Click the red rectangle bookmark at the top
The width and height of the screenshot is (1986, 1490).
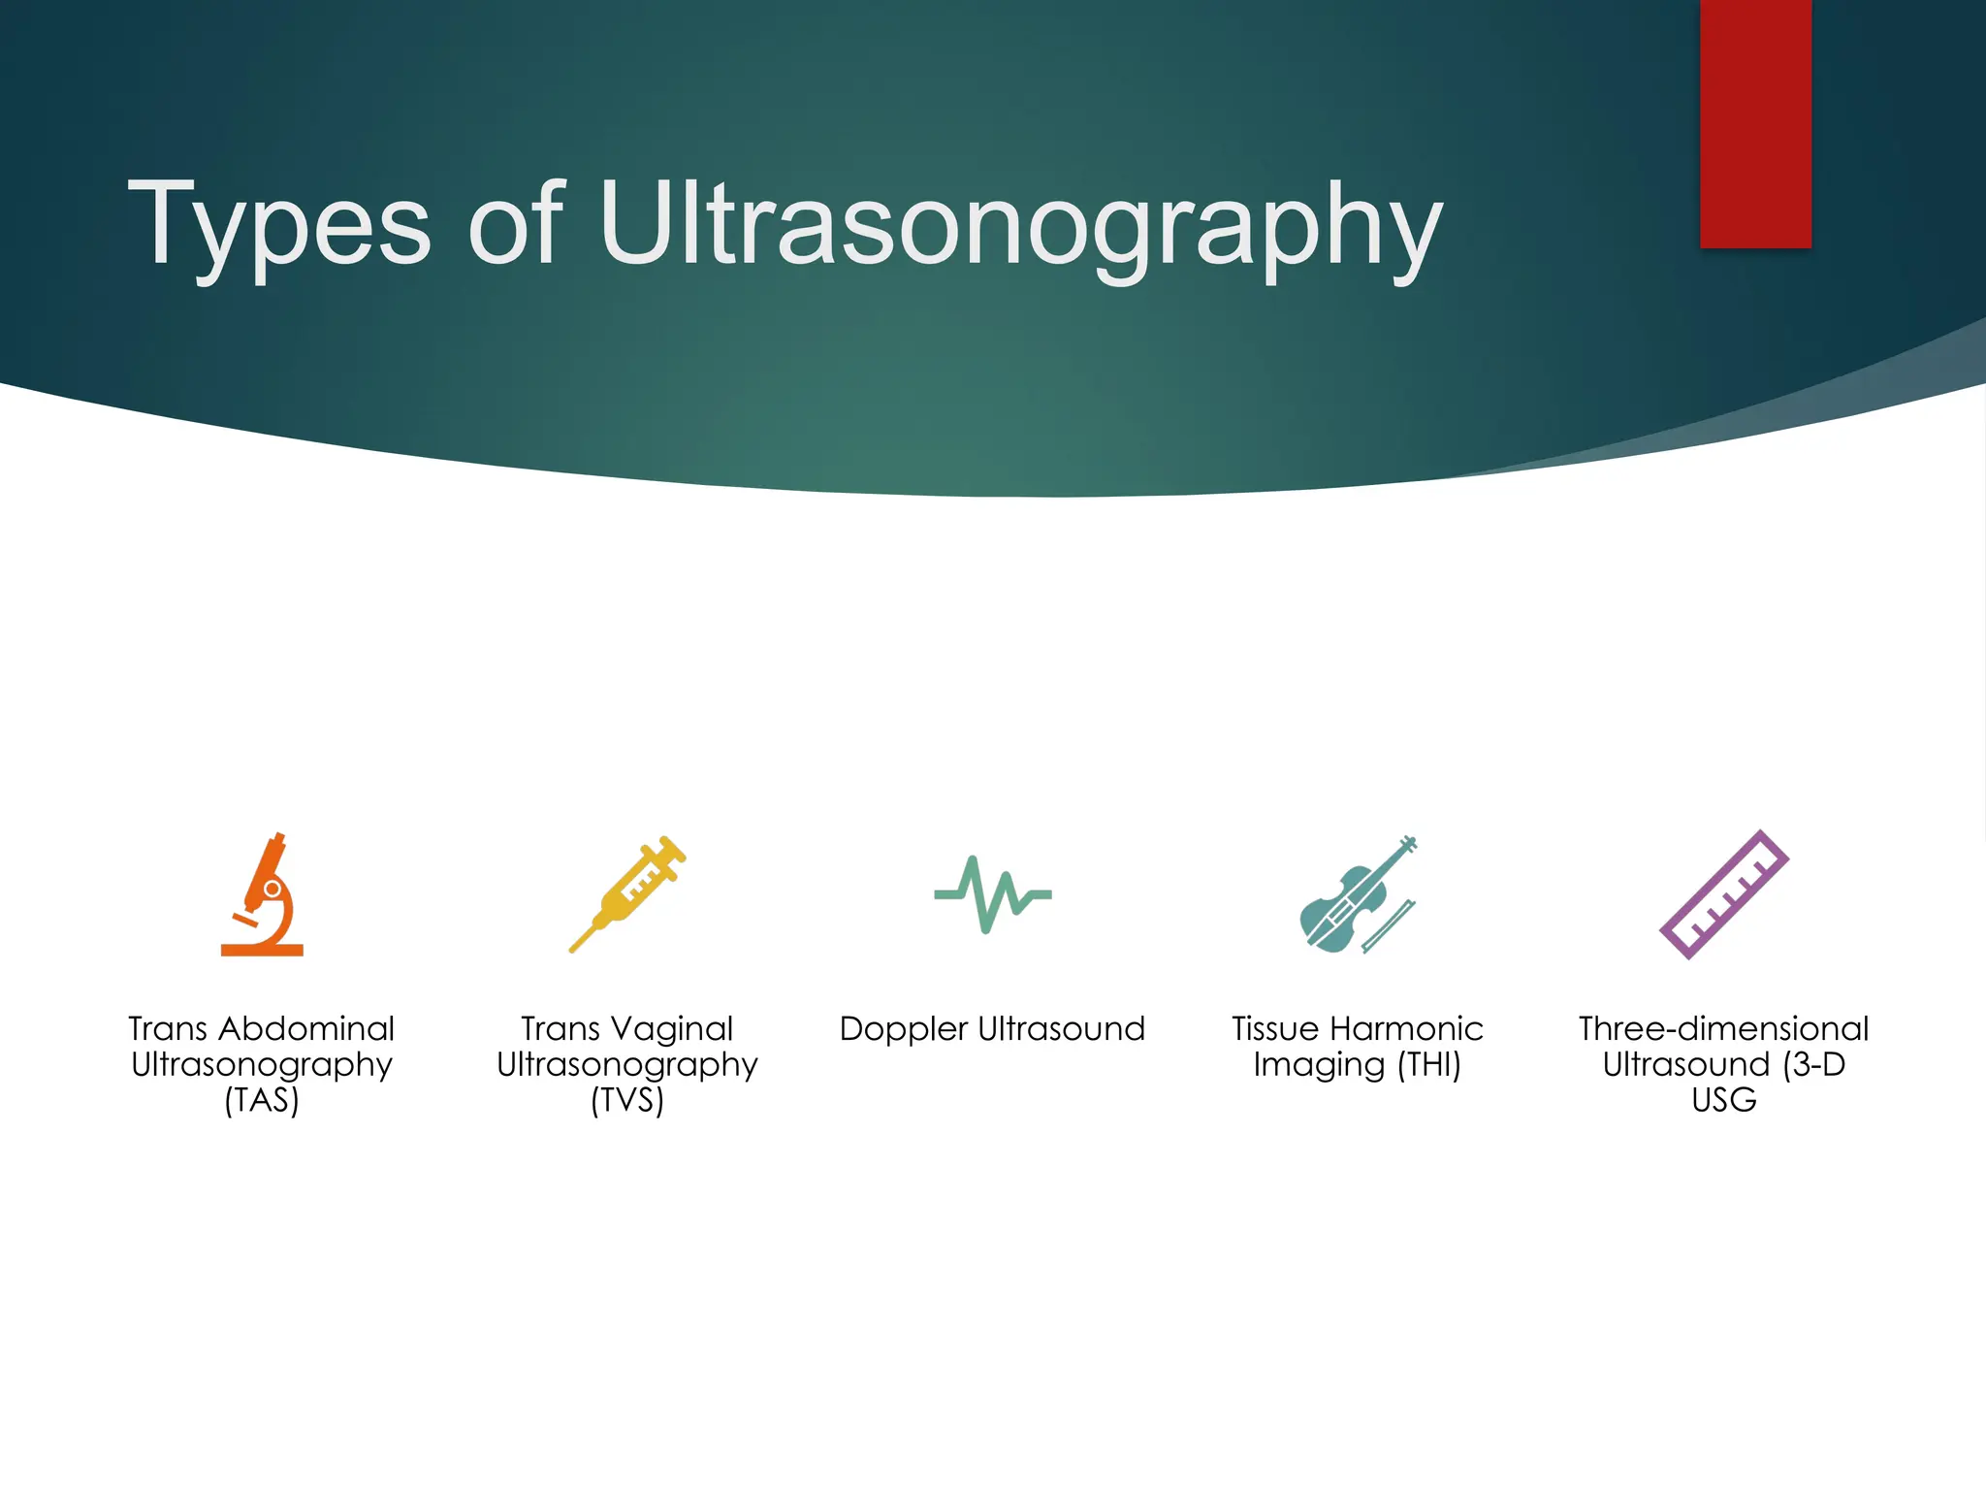[1755, 123]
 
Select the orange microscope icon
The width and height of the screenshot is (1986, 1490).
[262, 894]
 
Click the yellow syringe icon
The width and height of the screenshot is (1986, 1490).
[627, 893]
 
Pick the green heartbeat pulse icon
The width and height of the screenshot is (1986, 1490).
[993, 894]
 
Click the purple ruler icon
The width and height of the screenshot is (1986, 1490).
[1724, 894]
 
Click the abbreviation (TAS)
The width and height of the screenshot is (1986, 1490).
[262, 1101]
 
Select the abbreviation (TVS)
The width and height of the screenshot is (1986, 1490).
[627, 1101]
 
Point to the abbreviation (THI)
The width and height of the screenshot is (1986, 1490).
[1428, 1065]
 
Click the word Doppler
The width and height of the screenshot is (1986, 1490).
[904, 1029]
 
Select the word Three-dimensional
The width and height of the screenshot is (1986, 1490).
[1723, 1029]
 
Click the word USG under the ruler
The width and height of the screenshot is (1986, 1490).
[1723, 1101]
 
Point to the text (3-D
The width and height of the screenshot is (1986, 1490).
[1813, 1065]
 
